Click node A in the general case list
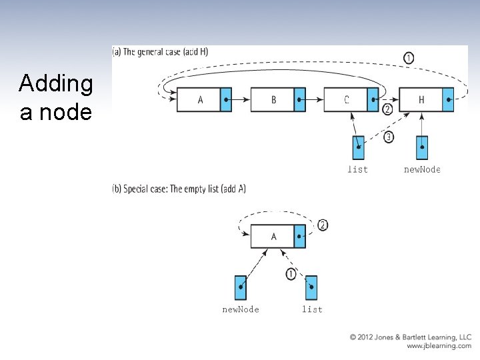pos(200,100)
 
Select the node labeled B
pos(273,100)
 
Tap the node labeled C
pos(347,100)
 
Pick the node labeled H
pos(421,100)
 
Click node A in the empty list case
pos(273,236)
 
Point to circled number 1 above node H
pos(409,58)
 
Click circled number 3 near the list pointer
pos(389,138)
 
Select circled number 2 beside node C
pos(387,109)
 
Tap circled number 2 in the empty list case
pos(323,225)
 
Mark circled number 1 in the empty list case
pos(291,274)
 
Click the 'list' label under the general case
pos(357,169)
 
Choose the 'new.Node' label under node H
pos(422,169)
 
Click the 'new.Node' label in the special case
pos(241,309)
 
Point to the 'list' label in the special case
pos(312,309)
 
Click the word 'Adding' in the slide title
pos(56,84)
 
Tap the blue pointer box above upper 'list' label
pos(358,147)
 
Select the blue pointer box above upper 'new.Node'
pos(422,147)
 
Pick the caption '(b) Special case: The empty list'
pos(179,189)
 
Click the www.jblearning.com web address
pos(439,346)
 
